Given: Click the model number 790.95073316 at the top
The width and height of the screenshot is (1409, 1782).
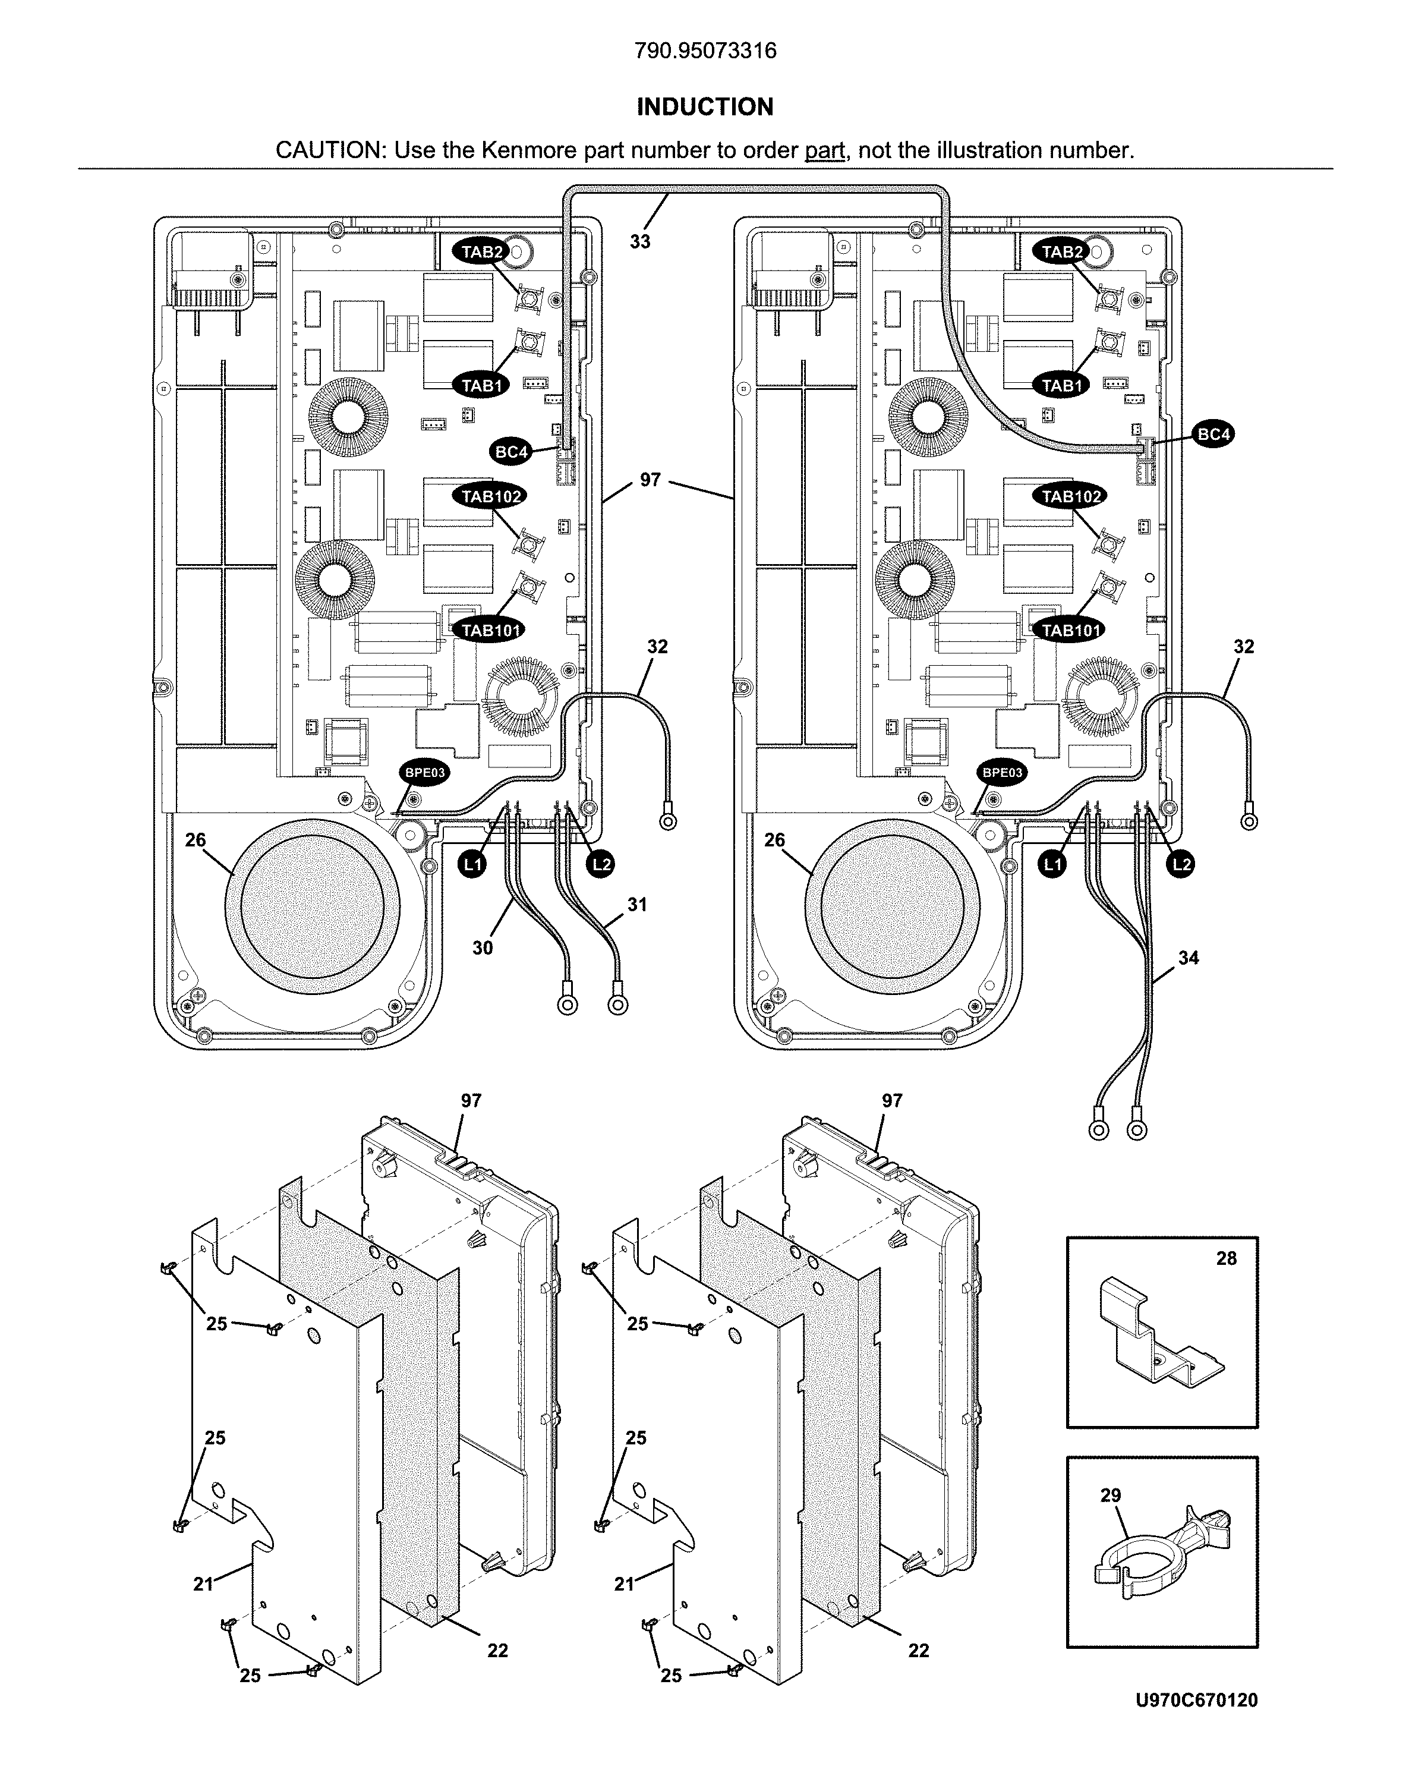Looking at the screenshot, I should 705,51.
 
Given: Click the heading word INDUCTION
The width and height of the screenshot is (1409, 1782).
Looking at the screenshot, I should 705,106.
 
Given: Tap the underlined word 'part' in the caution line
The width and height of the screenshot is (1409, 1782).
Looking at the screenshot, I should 824,150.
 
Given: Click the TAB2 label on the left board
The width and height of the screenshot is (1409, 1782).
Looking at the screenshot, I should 482,251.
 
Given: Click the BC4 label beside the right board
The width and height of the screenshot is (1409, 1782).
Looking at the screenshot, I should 1213,434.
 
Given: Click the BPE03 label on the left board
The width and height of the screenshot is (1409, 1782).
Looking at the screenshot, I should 424,773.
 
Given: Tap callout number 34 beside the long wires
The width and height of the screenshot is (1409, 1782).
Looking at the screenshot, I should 1188,958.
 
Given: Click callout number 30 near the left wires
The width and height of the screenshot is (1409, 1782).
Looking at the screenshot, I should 483,948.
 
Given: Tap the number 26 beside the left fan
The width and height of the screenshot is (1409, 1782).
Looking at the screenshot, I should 196,840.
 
